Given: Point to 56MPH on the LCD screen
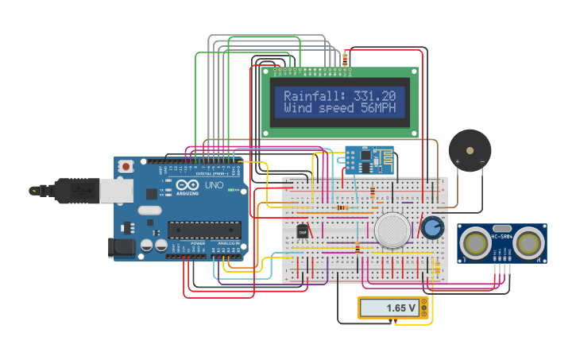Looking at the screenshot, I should (378, 107).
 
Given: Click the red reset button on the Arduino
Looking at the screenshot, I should (126, 167).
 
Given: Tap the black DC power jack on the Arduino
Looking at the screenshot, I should (122, 247).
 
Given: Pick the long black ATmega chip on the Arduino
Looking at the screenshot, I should (203, 230).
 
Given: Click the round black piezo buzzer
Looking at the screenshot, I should (469, 149).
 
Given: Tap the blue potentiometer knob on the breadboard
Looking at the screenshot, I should (432, 228).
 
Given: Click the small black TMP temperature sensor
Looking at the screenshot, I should (302, 231).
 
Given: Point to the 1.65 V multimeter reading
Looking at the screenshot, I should (401, 308).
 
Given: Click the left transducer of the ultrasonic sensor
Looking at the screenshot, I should (477, 244).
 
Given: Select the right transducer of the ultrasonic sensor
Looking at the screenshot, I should (528, 244).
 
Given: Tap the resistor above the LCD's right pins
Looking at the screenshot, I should (345, 58).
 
